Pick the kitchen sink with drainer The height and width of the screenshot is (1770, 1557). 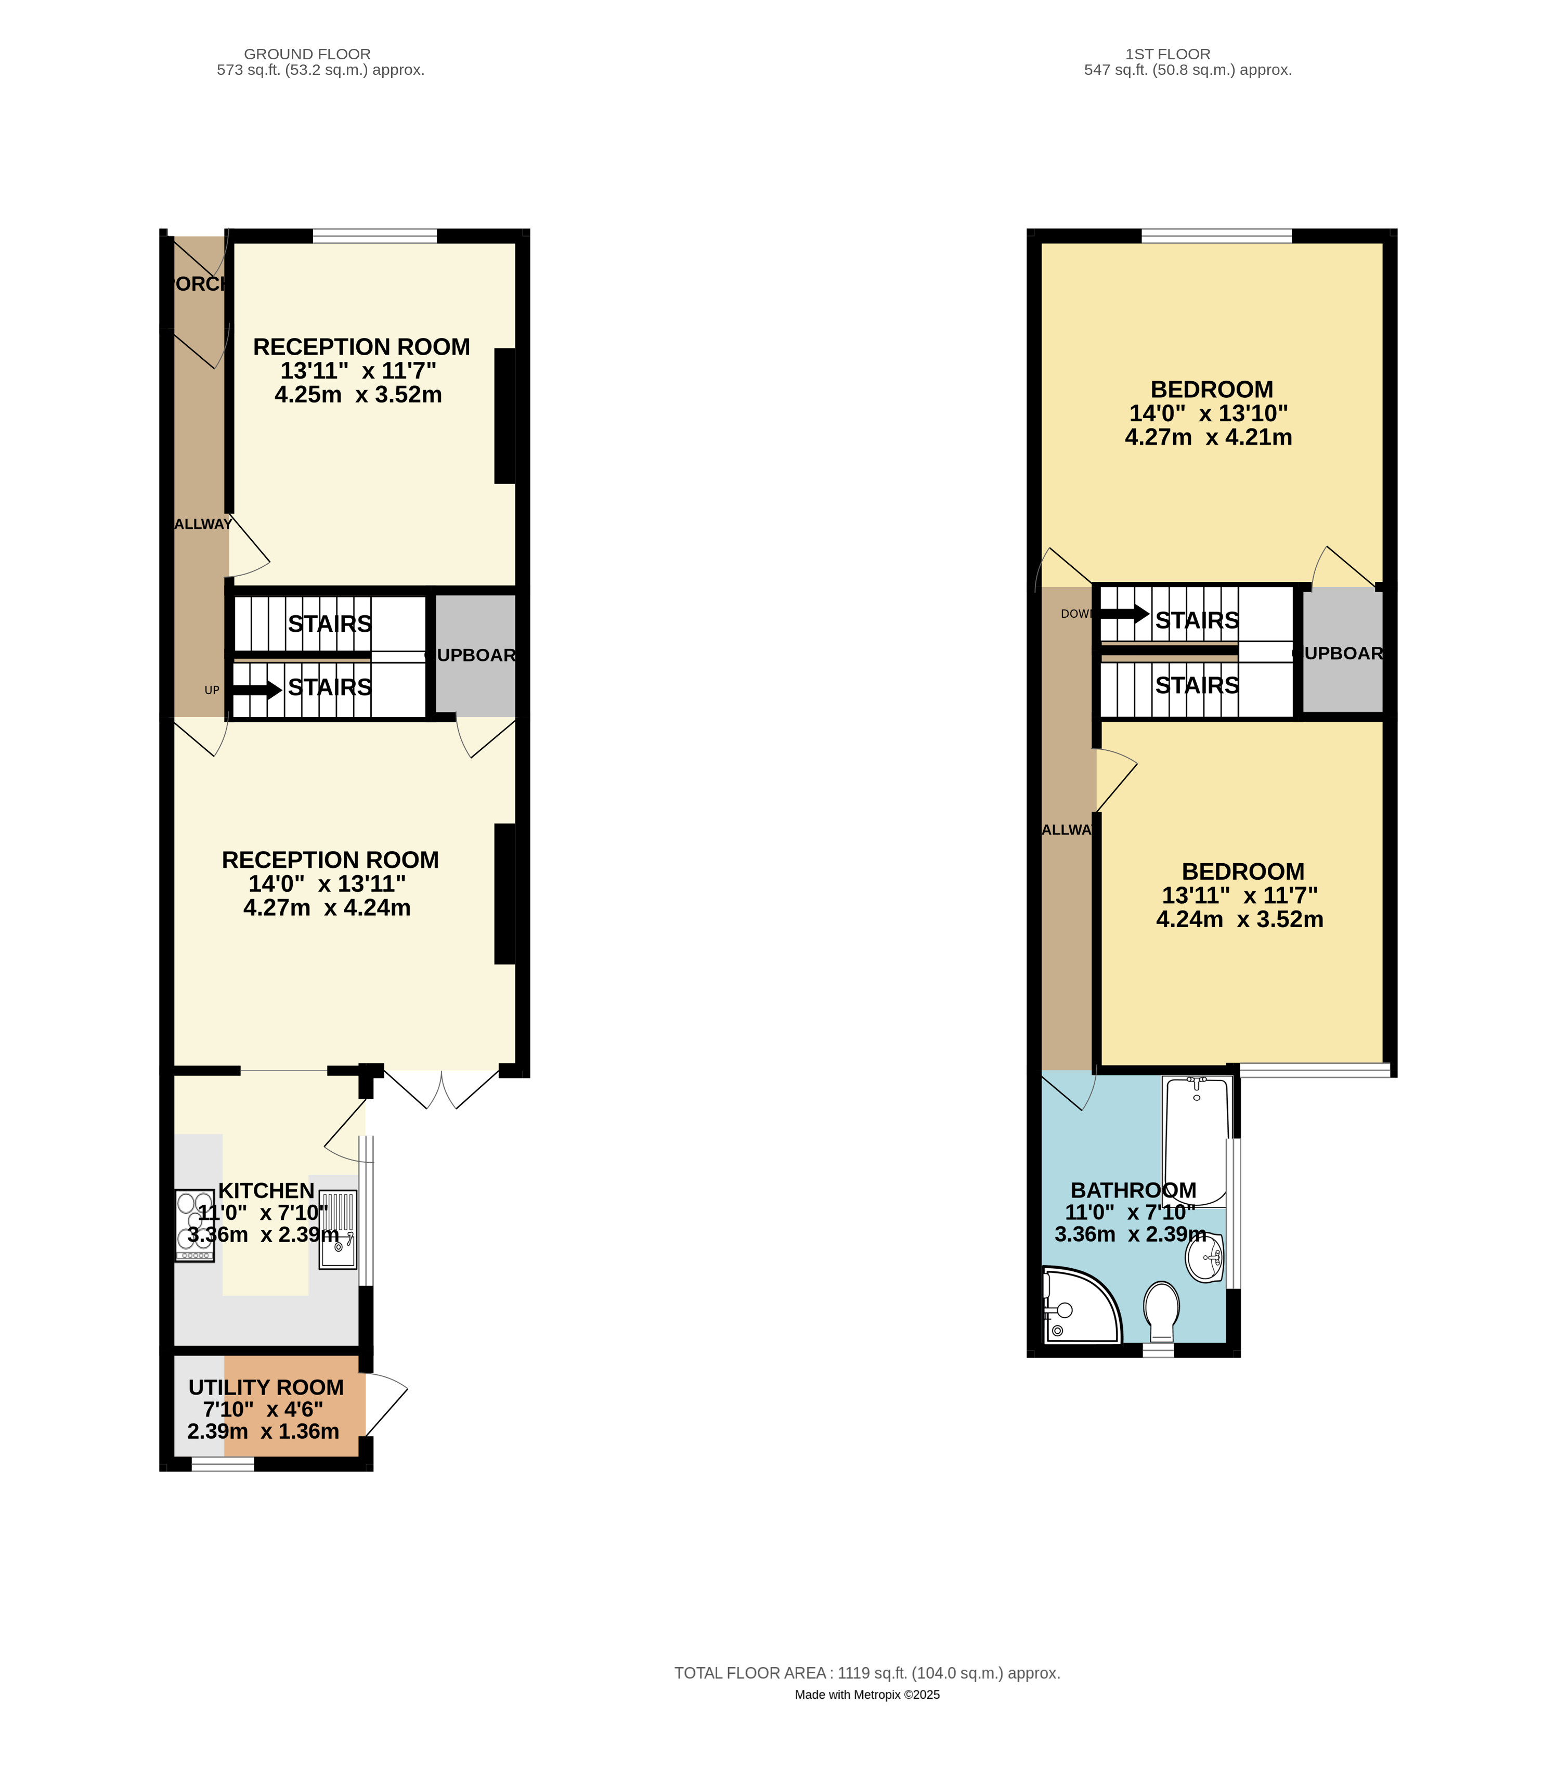(338, 1230)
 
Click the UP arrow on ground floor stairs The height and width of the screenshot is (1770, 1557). (256, 690)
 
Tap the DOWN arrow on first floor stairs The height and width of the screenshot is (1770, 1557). (1124, 614)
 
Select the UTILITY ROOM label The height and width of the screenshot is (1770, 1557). (266, 1387)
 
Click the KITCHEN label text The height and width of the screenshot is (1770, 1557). (266, 1191)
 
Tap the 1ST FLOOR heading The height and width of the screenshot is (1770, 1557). (1167, 54)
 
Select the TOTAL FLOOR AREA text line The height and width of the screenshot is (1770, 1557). (867, 1673)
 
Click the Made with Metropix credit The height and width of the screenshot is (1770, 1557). (867, 1695)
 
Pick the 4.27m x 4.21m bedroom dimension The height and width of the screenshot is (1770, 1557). (1208, 437)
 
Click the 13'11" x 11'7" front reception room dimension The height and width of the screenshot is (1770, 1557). (358, 371)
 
